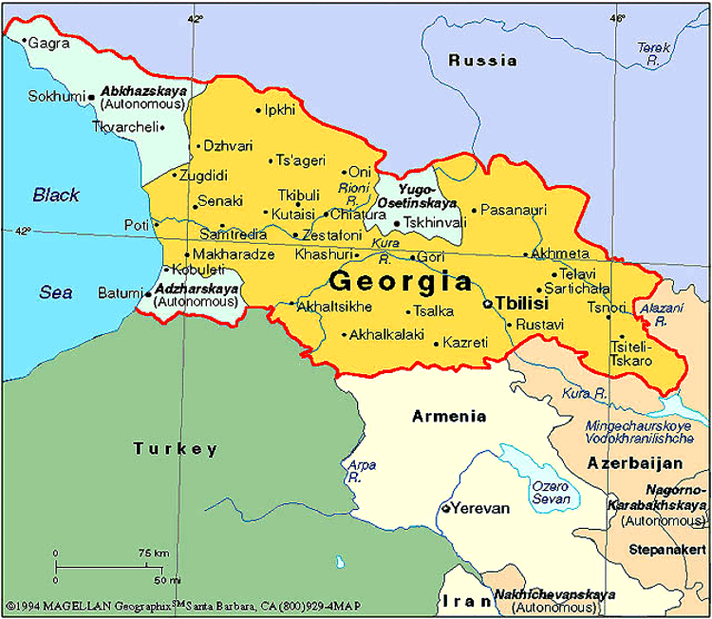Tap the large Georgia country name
[x=401, y=282]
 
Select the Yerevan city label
[x=479, y=508]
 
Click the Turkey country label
[x=176, y=449]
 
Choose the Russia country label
[x=482, y=61]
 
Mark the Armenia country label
[x=449, y=416]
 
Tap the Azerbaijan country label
[x=635, y=463]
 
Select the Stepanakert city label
[x=666, y=548]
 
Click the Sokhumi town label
[x=56, y=96]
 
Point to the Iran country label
[x=465, y=600]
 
